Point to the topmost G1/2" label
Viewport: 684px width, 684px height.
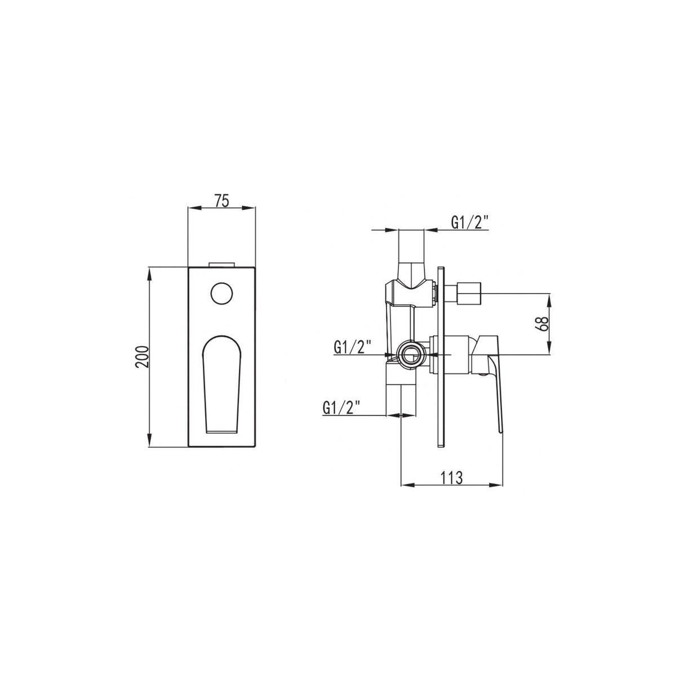(469, 223)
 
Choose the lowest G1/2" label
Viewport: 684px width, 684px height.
(341, 407)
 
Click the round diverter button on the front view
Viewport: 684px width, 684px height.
(221, 292)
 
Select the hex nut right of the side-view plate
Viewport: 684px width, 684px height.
(466, 294)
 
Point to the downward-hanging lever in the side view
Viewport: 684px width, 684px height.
(495, 394)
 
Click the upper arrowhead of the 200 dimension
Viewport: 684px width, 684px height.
(150, 273)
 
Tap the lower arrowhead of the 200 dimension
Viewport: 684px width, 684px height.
(150, 443)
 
